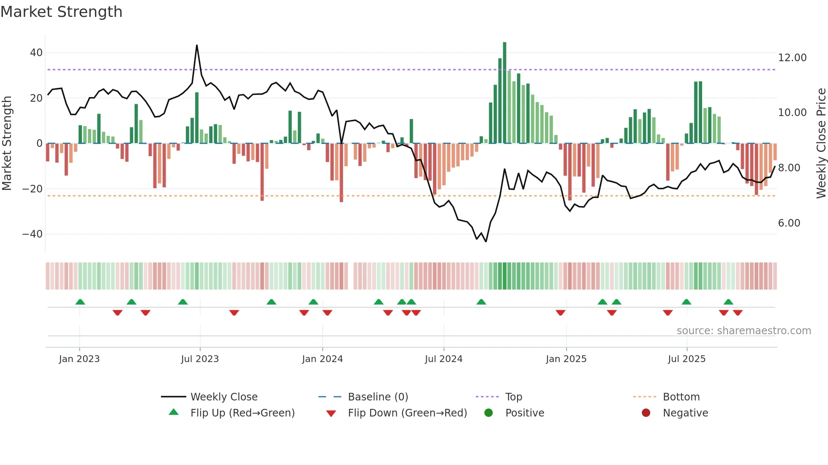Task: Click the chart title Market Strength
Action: click(61, 12)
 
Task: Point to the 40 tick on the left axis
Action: click(36, 53)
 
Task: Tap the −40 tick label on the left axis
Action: click(33, 234)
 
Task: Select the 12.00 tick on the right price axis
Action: click(792, 58)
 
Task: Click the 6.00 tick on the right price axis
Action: click(789, 223)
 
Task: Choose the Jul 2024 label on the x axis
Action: click(444, 359)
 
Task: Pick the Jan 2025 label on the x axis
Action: click(566, 359)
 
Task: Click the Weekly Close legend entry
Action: click(223, 397)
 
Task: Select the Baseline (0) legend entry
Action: click(378, 397)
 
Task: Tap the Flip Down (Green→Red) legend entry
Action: click(407, 413)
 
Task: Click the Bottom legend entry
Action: click(681, 397)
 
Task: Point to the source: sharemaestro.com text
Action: click(744, 331)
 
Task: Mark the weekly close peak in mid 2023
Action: click(197, 46)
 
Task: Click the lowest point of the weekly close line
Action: click(486, 241)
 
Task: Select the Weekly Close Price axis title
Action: click(821, 143)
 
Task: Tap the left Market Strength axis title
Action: click(7, 143)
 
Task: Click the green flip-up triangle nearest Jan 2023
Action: click(80, 302)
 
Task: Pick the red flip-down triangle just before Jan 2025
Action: click(561, 313)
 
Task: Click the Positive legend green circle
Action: click(489, 413)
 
